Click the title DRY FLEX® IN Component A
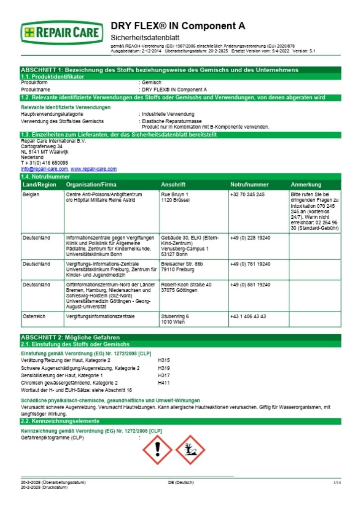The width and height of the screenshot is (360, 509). tap(178, 26)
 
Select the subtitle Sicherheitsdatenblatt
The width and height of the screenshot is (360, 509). tap(144, 38)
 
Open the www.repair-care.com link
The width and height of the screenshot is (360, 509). tap(93, 169)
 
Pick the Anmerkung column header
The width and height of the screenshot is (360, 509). tap(306, 184)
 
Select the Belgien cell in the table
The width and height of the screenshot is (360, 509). tap(30, 195)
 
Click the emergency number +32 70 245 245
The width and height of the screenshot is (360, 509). tap(248, 195)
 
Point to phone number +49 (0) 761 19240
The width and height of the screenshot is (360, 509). tap(250, 263)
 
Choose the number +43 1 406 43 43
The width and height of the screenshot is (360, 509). tap(248, 316)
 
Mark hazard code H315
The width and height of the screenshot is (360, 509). tap(164, 360)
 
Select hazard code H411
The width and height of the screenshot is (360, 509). tap(164, 383)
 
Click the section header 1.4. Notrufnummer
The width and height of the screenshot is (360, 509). tap(45, 176)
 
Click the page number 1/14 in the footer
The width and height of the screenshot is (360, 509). tap(337, 483)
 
